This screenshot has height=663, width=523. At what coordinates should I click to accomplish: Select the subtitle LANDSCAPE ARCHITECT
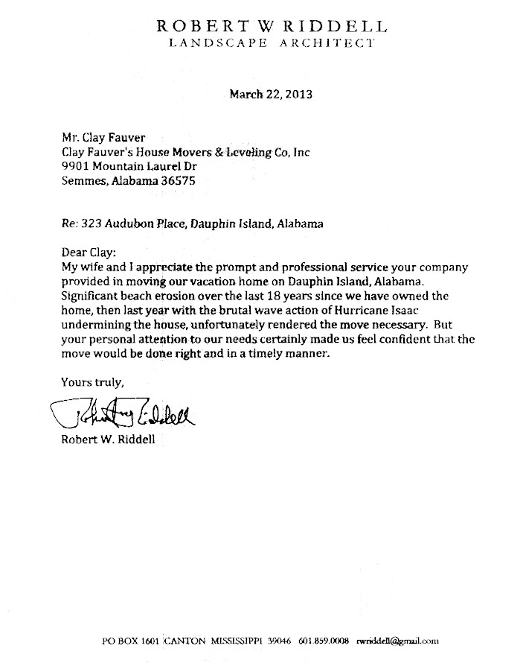[x=272, y=43]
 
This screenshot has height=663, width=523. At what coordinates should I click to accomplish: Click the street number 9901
[x=74, y=165]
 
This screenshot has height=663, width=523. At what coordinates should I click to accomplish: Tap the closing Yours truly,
[x=92, y=382]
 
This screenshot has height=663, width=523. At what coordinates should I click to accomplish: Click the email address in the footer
[x=398, y=640]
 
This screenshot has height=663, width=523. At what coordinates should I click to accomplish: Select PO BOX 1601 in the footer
[x=130, y=640]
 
